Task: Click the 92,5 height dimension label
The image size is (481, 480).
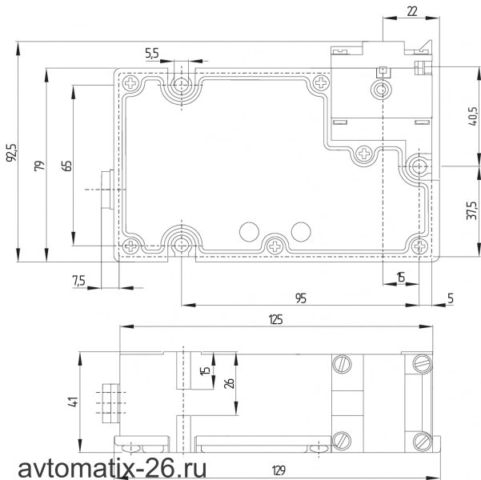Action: point(13,153)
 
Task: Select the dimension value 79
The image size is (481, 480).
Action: point(40,166)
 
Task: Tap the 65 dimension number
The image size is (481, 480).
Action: point(68,166)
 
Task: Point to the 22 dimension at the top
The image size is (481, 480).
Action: point(412,12)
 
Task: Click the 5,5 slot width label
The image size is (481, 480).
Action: point(152,54)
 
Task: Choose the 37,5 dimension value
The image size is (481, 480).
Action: point(472,210)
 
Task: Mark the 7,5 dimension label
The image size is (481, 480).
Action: point(78,281)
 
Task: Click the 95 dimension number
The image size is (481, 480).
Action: point(301,298)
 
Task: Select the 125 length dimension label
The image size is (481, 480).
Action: point(275,319)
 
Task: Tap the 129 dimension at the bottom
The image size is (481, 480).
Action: point(279,470)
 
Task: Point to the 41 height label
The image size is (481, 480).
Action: point(74,402)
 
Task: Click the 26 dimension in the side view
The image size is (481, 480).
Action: point(229,384)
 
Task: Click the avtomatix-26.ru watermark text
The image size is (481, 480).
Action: point(112,469)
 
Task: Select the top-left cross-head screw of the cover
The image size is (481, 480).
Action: point(131,83)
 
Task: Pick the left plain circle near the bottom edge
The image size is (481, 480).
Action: point(249,232)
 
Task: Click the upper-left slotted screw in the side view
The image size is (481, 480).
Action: point(342,364)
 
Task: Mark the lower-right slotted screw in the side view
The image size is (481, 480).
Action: point(423,441)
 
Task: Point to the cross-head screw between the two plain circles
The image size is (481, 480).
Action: point(275,246)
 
